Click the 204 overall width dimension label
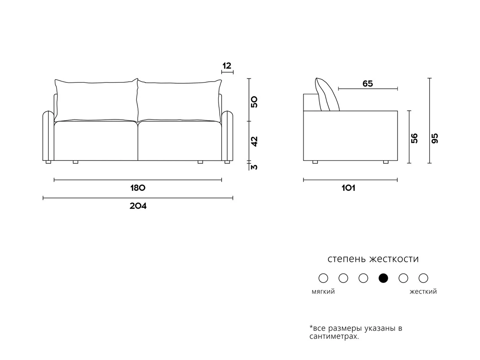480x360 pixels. (138, 206)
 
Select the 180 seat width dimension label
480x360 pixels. (138, 188)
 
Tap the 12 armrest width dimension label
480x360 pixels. (227, 66)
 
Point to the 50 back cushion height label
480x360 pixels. (254, 102)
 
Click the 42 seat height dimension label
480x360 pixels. (254, 142)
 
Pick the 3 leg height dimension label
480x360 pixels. (254, 167)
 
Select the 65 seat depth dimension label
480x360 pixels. (368, 84)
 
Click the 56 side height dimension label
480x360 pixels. (414, 138)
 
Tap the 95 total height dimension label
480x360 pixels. (435, 138)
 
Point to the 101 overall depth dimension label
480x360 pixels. (348, 188)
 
